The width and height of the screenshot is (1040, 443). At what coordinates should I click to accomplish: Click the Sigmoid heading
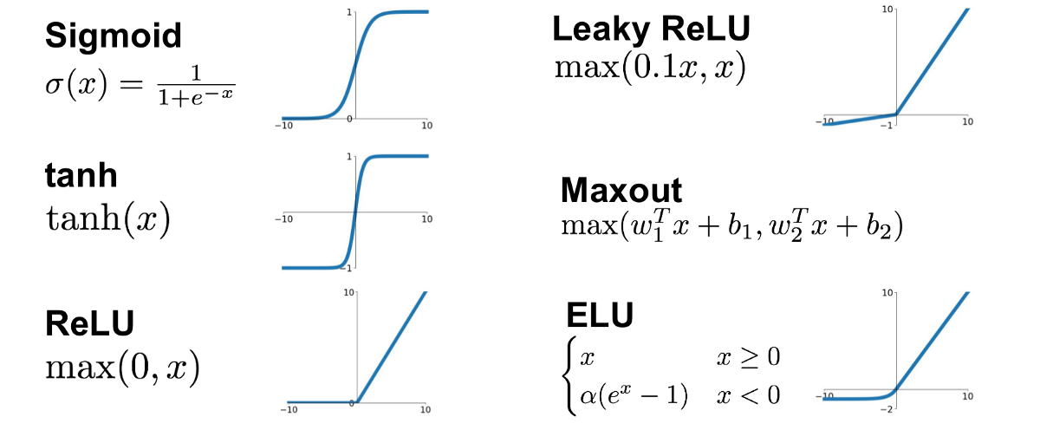tap(114, 36)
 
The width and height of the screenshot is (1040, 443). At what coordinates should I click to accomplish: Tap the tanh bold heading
tap(81, 176)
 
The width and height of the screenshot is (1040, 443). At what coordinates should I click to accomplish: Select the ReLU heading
tap(89, 323)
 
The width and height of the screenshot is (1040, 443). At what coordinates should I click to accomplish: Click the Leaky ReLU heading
tap(651, 30)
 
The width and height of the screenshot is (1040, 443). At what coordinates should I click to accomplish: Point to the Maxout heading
tap(621, 190)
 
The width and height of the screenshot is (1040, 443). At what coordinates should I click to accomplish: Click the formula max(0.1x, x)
tap(650, 68)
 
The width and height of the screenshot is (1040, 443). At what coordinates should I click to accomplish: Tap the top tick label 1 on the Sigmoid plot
tap(348, 12)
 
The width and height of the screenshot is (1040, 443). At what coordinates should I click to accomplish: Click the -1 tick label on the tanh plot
tap(348, 270)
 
